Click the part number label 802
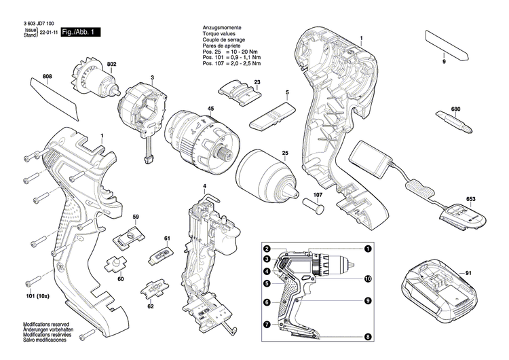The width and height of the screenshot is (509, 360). coord(112,63)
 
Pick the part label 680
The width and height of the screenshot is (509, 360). coord(455,109)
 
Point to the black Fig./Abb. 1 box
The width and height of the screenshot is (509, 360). coord(81,32)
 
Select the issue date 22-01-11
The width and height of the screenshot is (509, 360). coord(48,32)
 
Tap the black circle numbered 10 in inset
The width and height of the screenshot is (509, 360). coord(368,278)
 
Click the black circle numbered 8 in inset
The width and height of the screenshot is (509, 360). coord(368,336)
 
